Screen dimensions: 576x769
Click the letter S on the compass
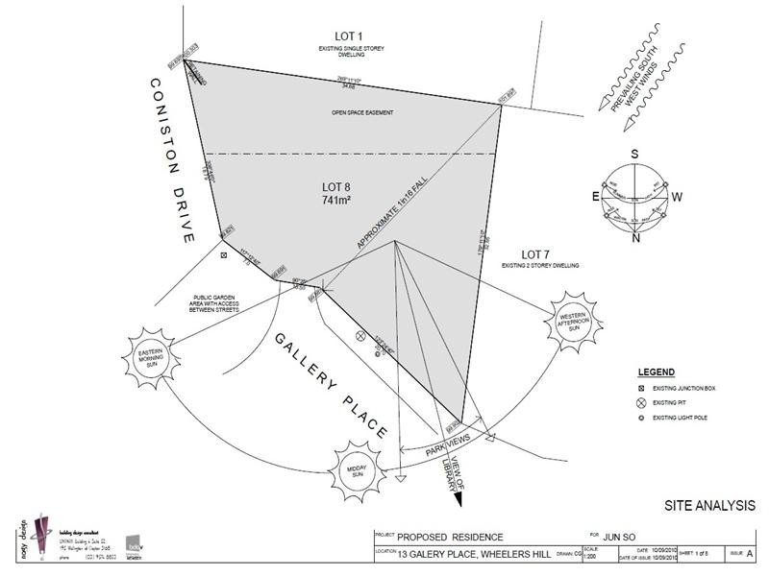(634, 154)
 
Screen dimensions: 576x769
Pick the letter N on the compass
(635, 240)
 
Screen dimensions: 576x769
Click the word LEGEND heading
(657, 372)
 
